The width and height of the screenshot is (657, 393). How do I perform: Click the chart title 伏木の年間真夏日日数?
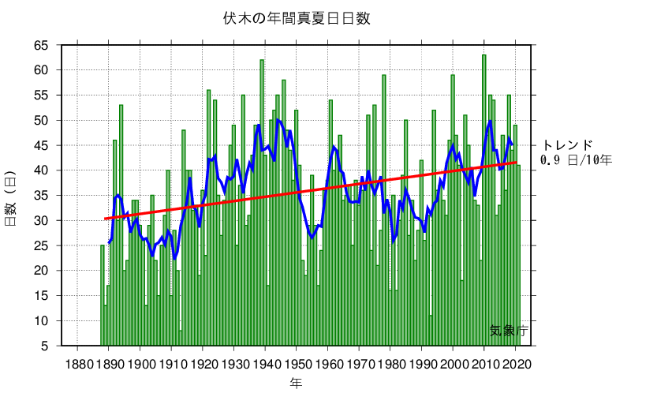pyautogui.click(x=297, y=17)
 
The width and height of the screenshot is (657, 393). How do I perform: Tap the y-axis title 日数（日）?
pyautogui.click(x=11, y=196)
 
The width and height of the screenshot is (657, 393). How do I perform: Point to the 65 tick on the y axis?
pyautogui.click(x=40, y=45)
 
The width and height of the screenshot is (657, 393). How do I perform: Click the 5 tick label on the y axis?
pyautogui.click(x=44, y=346)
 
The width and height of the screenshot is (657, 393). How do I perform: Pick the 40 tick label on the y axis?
pyautogui.click(x=40, y=170)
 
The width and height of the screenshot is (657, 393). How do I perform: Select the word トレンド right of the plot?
pyautogui.click(x=566, y=145)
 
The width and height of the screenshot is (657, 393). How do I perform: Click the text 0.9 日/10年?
pyautogui.click(x=576, y=160)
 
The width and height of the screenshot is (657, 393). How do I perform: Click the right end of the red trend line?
pyautogui.click(x=517, y=163)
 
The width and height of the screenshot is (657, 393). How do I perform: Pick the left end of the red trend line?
pyautogui.click(x=105, y=219)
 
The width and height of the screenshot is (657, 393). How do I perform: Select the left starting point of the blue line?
pyautogui.click(x=109, y=242)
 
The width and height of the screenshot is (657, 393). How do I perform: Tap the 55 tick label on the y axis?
pyautogui.click(x=40, y=95)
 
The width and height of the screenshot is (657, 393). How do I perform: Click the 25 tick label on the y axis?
pyautogui.click(x=40, y=245)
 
